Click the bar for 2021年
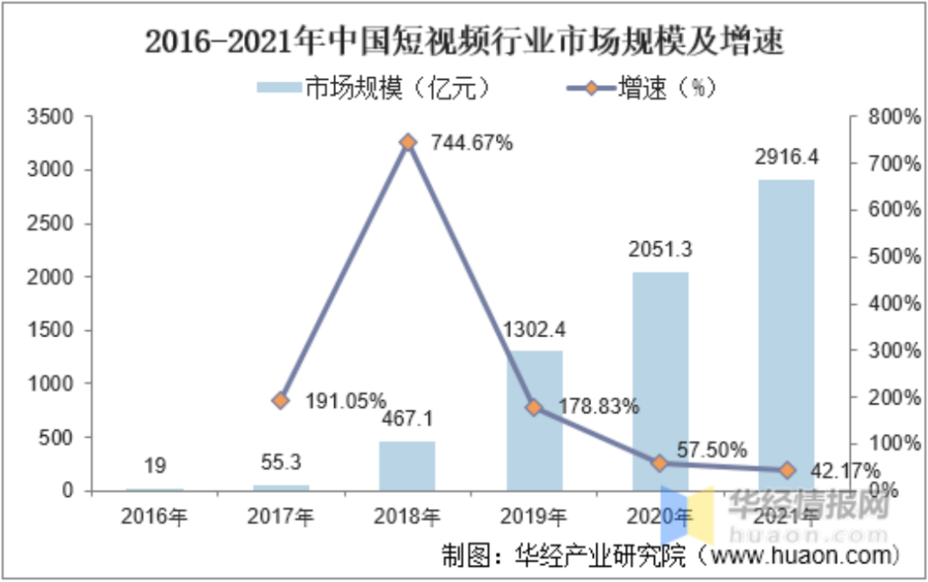(x=787, y=335)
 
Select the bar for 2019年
(x=534, y=421)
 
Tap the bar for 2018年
(x=407, y=466)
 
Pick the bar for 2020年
(x=660, y=381)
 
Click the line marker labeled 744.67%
(x=408, y=142)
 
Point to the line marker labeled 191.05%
(x=281, y=400)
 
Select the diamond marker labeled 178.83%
(x=534, y=408)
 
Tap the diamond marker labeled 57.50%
(x=660, y=464)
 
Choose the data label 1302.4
(x=534, y=329)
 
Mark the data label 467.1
(x=407, y=420)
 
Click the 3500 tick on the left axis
(x=58, y=117)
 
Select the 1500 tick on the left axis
(x=58, y=330)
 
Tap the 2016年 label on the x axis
(x=156, y=517)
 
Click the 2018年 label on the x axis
(x=407, y=517)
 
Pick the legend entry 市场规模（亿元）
(x=374, y=88)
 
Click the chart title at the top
(x=464, y=40)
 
